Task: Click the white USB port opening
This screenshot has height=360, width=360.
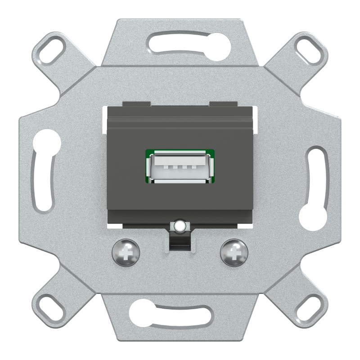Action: (180, 169)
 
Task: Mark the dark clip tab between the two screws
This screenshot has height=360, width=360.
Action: (180, 243)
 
